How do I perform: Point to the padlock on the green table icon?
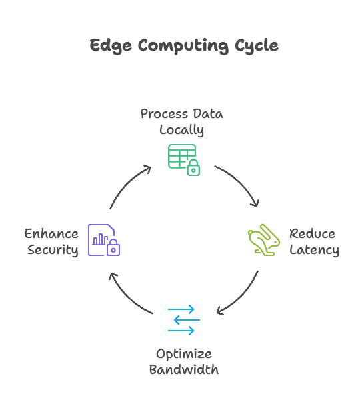pos(194,171)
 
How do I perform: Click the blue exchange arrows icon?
pos(182,319)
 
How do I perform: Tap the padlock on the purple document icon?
pos(114,250)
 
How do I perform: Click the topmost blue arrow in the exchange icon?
pos(182,309)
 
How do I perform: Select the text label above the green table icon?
pos(181,122)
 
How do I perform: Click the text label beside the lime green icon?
pos(314,243)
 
